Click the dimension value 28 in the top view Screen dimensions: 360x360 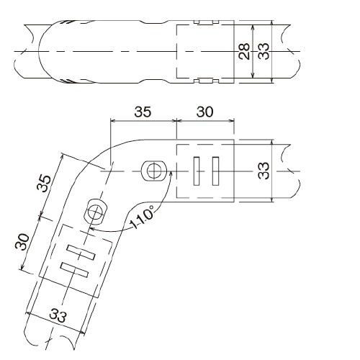[244, 51]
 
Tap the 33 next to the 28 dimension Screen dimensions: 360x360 [264, 51]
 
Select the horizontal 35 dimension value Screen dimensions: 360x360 [143, 112]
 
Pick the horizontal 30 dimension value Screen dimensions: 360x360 [204, 112]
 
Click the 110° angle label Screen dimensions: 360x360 [142, 217]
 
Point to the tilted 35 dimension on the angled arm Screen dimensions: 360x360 [44, 184]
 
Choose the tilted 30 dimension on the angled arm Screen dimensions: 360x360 [22, 242]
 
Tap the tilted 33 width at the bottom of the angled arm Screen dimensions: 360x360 [58, 315]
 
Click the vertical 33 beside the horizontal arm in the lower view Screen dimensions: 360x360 [264, 171]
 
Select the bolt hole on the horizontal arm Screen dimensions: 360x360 [154, 171]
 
